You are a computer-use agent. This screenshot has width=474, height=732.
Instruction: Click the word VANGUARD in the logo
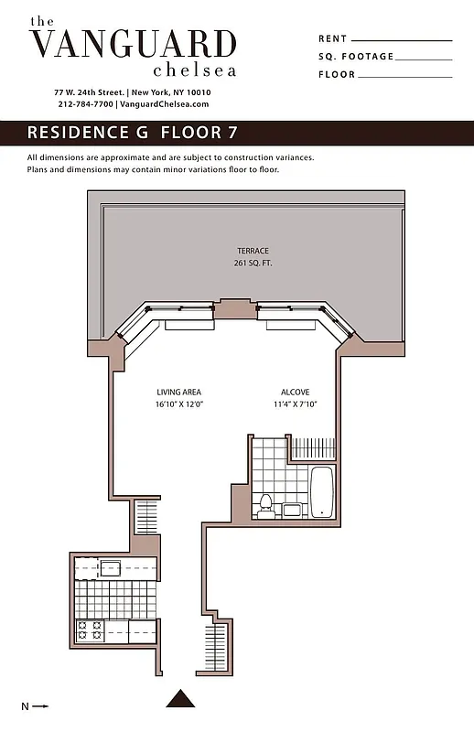click(x=133, y=44)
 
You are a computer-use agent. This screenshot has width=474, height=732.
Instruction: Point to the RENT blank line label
click(x=332, y=39)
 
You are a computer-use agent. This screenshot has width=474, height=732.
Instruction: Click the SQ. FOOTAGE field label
click(x=356, y=57)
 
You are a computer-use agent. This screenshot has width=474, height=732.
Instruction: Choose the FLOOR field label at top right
click(x=336, y=75)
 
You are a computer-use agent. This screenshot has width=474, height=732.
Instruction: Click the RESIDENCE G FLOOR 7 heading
click(x=133, y=133)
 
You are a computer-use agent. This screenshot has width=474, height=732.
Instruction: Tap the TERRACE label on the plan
click(x=253, y=251)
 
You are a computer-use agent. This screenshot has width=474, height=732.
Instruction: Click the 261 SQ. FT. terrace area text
click(x=253, y=264)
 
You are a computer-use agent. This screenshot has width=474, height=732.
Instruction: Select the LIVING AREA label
click(x=178, y=393)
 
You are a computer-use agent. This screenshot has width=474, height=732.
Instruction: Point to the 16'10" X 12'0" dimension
click(x=178, y=404)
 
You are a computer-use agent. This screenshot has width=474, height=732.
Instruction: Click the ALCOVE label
click(x=294, y=393)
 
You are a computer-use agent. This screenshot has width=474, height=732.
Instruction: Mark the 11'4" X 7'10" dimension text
click(x=294, y=404)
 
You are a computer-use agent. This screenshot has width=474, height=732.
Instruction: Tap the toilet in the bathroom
click(x=266, y=506)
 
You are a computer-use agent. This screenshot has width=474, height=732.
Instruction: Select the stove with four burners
click(x=89, y=630)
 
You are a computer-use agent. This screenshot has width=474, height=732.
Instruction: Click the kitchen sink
click(x=111, y=567)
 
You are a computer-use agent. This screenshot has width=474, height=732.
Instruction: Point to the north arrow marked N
click(x=34, y=705)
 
